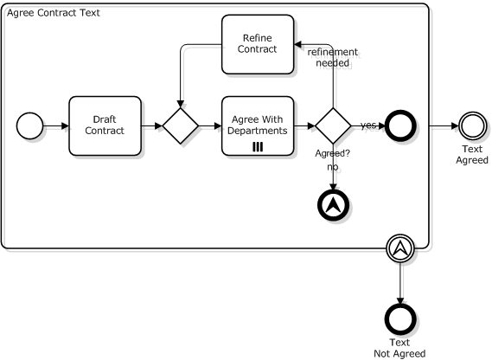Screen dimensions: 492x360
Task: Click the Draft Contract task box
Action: pyautogui.click(x=105, y=125)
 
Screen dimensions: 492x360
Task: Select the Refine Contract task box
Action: pyautogui.click(x=258, y=44)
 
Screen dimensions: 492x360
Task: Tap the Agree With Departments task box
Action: pyautogui.click(x=258, y=125)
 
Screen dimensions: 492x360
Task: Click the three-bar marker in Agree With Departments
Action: pyautogui.click(x=258, y=147)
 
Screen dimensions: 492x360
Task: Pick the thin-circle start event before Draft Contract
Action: pyautogui.click(x=29, y=126)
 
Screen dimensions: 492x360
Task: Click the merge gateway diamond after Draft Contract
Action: pyautogui.click(x=181, y=126)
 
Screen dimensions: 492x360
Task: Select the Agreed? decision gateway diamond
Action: pyautogui.click(x=333, y=126)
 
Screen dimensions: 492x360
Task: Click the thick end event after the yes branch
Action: pyautogui.click(x=400, y=125)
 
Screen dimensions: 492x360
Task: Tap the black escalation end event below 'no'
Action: pyautogui.click(x=333, y=205)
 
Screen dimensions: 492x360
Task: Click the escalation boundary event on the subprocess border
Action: pyautogui.click(x=400, y=248)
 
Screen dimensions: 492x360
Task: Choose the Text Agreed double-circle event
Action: pyautogui.click(x=472, y=126)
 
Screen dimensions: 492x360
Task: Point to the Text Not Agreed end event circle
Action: pyautogui.click(x=400, y=319)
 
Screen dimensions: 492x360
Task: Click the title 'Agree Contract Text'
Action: pyautogui.click(x=54, y=13)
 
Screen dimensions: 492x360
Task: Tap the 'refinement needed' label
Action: pyautogui.click(x=333, y=57)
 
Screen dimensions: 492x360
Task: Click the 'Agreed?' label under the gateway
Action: pyautogui.click(x=333, y=153)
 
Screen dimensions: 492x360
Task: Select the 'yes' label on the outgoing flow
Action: pyautogui.click(x=368, y=125)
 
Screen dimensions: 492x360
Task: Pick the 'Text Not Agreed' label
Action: pyautogui.click(x=399, y=348)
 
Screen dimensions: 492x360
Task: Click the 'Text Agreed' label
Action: pyautogui.click(x=472, y=155)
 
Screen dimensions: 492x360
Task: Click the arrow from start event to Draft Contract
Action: pyautogui.click(x=56, y=126)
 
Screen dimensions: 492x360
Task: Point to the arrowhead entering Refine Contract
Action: pyautogui.click(x=297, y=44)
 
